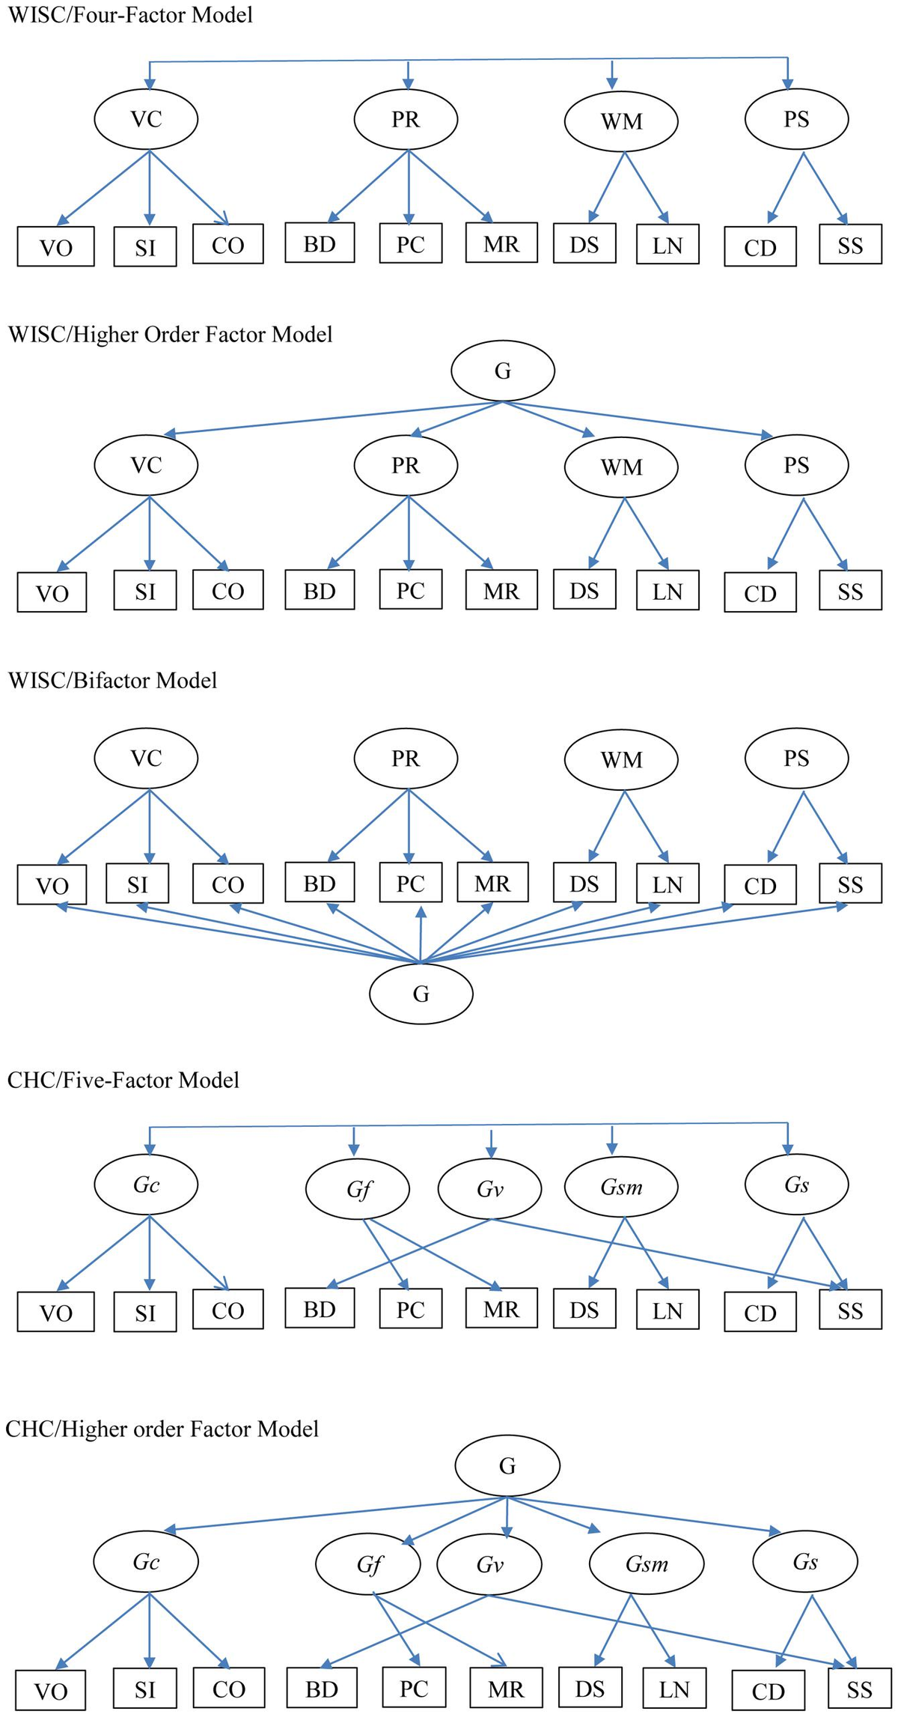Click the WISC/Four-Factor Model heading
click(130, 15)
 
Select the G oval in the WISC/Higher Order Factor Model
click(503, 371)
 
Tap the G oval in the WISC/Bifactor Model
click(421, 993)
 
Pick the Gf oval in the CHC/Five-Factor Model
click(358, 1189)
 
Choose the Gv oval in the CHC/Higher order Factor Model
click(489, 1564)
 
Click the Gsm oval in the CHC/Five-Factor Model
click(621, 1187)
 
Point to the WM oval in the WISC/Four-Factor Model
click(621, 121)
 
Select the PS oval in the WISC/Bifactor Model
click(797, 759)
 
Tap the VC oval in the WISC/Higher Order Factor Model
click(146, 465)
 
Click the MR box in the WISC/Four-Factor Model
click(501, 243)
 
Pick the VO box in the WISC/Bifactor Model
click(52, 884)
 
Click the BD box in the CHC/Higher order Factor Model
click(322, 1689)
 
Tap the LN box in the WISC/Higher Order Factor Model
click(668, 591)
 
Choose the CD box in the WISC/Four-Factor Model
click(760, 246)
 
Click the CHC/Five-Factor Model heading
click(123, 1080)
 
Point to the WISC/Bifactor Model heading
click(112, 680)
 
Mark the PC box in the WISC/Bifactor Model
click(410, 884)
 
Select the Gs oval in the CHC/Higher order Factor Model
click(805, 1561)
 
